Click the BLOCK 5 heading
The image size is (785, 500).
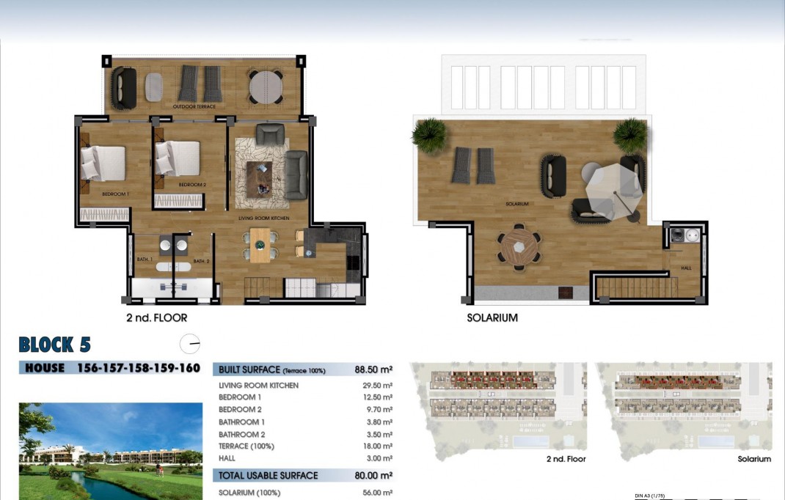55,345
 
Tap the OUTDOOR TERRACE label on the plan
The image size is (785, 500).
194,107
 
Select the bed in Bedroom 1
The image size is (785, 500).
103,163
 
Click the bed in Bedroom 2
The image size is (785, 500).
178,158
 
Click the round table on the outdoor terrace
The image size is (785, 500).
266,87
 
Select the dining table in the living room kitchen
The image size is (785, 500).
260,245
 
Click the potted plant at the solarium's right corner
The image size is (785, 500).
630,135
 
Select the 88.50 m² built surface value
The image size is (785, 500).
373,370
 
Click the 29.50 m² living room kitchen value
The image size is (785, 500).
377,386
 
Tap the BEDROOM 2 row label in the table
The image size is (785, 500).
240,410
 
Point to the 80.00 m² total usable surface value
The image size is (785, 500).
373,476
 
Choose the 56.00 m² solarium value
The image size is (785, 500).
377,493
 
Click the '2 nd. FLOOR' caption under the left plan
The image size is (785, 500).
156,318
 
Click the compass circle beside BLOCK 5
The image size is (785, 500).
189,343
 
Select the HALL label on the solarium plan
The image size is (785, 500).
686,268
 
